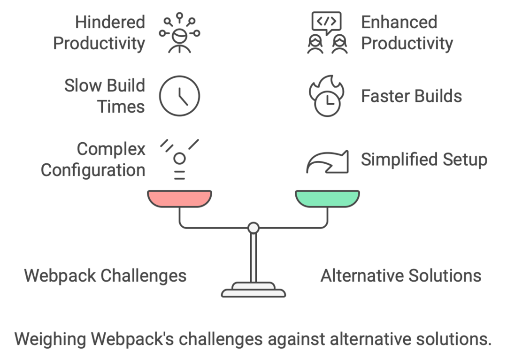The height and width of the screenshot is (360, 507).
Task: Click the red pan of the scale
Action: [179, 198]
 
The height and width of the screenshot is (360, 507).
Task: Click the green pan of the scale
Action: [327, 198]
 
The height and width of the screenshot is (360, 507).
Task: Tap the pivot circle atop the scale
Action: [253, 228]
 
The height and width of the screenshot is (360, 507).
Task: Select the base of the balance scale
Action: [253, 290]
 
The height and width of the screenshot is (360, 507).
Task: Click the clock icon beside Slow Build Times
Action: [179, 96]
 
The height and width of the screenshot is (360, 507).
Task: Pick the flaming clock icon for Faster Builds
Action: [327, 97]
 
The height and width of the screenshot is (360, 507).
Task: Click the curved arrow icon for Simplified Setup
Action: [327, 161]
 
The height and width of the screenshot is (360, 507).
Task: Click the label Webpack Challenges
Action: [105, 276]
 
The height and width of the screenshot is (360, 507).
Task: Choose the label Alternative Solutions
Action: [401, 276]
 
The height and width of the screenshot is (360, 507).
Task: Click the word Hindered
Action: [110, 22]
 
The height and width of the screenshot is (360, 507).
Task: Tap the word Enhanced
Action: [399, 22]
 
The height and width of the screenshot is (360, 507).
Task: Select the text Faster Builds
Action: [411, 96]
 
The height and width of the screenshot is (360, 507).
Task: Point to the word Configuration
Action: [93, 170]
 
